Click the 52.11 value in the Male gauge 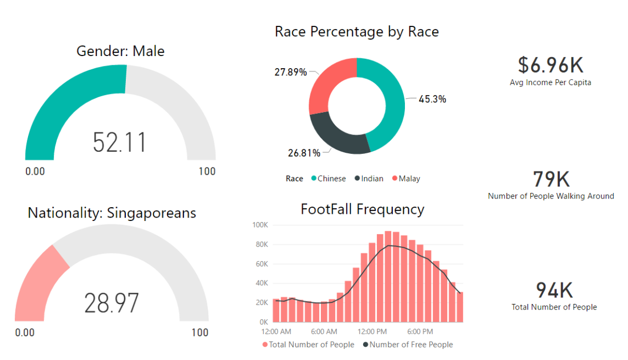pyautogui.click(x=120, y=142)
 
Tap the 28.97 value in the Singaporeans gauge pyautogui.click(x=112, y=303)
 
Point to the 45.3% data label pyautogui.click(x=432, y=99)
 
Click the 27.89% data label pyautogui.click(x=290, y=72)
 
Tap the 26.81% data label pyautogui.click(x=304, y=153)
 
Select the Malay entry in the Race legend pyautogui.click(x=406, y=179)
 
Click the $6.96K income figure pyautogui.click(x=550, y=65)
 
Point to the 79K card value pyautogui.click(x=551, y=179)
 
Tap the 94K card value pyautogui.click(x=554, y=290)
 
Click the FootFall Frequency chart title pyautogui.click(x=363, y=209)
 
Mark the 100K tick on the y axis pyautogui.click(x=259, y=225)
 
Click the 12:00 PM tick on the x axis pyautogui.click(x=371, y=332)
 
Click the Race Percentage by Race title pyautogui.click(x=357, y=32)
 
